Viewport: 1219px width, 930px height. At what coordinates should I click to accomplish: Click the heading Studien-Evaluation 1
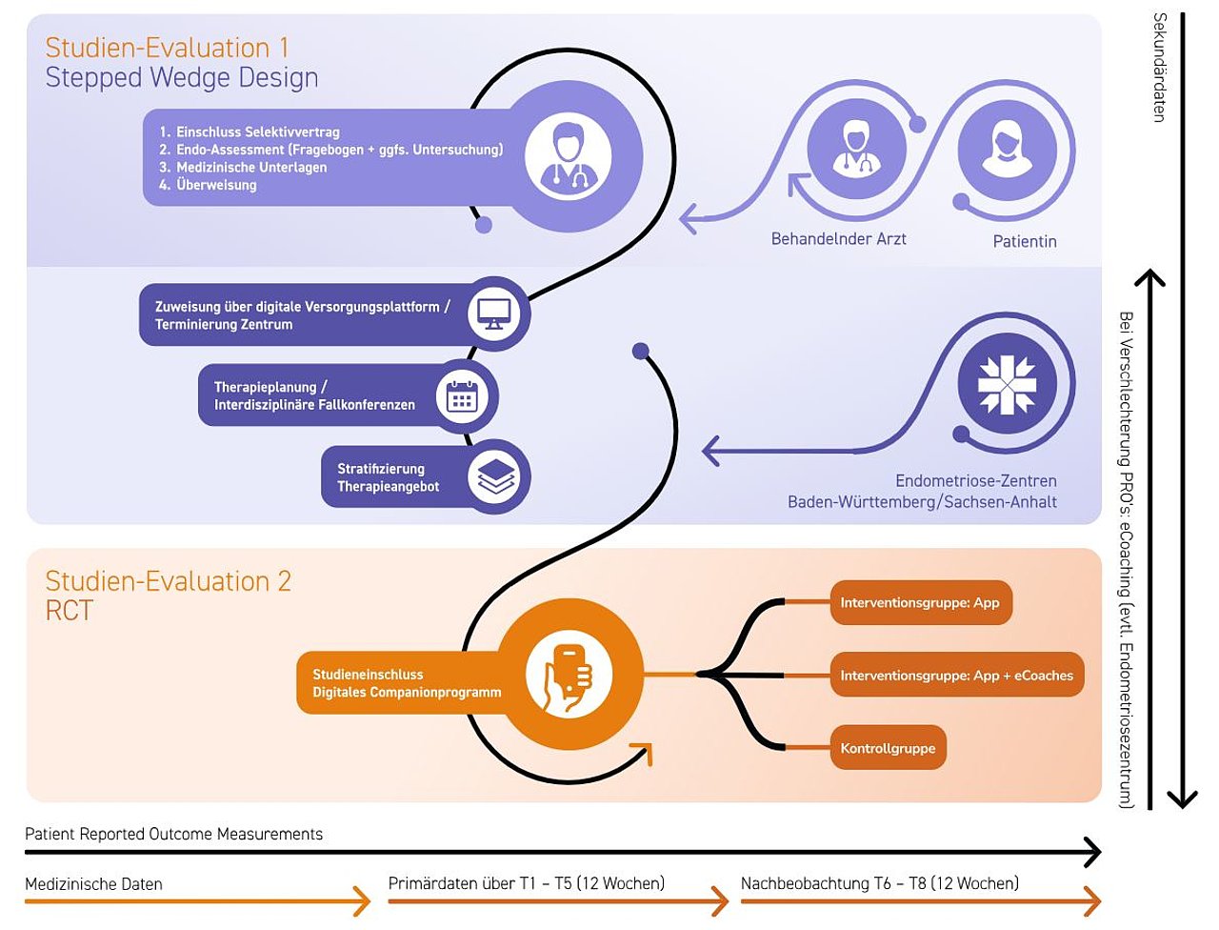tap(168, 48)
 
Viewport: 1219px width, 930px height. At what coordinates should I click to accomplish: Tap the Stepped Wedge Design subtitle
tap(182, 77)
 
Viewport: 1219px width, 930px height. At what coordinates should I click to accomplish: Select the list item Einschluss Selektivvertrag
tap(250, 131)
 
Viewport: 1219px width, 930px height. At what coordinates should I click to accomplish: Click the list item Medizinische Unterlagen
tap(243, 167)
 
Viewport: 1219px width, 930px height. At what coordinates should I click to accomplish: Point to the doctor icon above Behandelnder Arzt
tap(856, 149)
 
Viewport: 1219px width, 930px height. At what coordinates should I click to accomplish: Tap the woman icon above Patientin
tap(1007, 150)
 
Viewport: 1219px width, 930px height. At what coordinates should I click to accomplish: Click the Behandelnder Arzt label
tap(839, 239)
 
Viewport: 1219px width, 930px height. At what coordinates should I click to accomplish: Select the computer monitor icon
tap(493, 313)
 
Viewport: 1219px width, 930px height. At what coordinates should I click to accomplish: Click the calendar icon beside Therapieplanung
tap(462, 396)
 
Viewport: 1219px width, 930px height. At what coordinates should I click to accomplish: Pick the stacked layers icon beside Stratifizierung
tap(494, 476)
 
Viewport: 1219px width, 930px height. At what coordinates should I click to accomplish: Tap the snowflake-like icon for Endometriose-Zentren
tap(1007, 384)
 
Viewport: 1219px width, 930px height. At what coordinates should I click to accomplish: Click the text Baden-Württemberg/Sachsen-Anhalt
tap(922, 502)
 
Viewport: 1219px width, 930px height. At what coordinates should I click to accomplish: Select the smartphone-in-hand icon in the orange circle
tap(569, 677)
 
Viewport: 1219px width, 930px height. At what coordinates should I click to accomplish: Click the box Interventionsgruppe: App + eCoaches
tap(957, 675)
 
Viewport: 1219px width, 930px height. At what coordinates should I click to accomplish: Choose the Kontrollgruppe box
tap(888, 748)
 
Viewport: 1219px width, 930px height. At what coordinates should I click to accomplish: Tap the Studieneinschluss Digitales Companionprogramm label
tap(407, 683)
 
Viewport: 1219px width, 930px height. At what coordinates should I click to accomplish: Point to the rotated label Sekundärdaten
tap(1159, 68)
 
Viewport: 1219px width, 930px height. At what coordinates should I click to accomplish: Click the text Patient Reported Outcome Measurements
tap(174, 834)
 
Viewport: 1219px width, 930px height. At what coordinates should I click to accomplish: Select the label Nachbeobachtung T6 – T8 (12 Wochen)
tap(880, 883)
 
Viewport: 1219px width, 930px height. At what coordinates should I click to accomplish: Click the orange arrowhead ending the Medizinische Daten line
tap(362, 901)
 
